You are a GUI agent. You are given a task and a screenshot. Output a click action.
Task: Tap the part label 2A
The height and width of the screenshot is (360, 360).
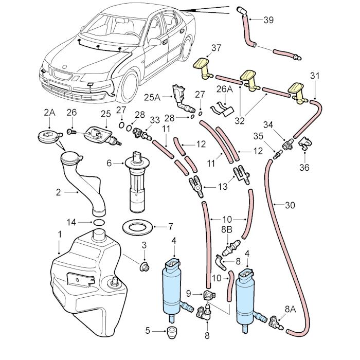coord(49,112)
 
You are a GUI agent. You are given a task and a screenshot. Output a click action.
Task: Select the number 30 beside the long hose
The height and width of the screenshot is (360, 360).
coord(290,205)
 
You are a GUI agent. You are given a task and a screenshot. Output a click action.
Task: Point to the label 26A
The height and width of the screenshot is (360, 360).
coord(225,89)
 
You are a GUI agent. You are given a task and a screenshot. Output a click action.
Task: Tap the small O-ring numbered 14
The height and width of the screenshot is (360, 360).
coord(98,222)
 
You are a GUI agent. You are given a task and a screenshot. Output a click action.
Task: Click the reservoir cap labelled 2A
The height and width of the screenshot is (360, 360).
coord(49,137)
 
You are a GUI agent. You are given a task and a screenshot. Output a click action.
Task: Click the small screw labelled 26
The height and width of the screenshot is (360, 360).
coord(72,132)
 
